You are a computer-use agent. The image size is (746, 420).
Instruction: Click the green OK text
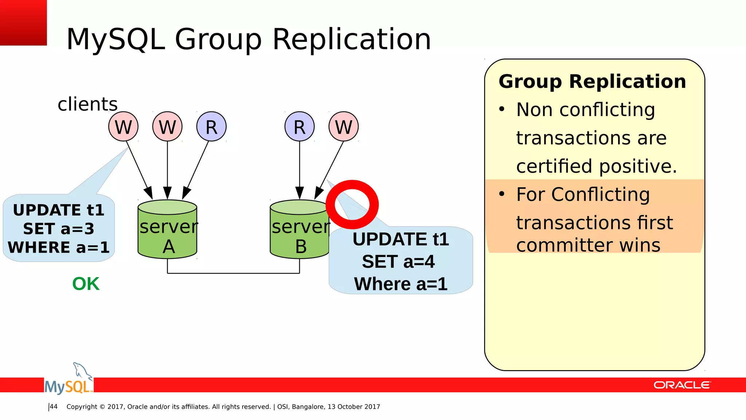click(x=86, y=284)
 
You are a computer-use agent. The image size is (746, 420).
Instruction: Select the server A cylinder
click(x=168, y=230)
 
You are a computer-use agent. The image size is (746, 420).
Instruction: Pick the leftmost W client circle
click(x=123, y=127)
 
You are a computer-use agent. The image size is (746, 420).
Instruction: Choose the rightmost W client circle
click(x=343, y=127)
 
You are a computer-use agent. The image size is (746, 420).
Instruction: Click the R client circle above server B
click(x=299, y=127)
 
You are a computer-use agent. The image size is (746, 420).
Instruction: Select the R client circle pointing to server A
click(x=211, y=127)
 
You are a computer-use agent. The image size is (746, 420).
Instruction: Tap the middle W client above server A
click(x=167, y=127)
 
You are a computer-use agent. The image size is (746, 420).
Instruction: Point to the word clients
click(x=87, y=104)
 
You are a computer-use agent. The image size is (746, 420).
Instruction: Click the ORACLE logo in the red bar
click(x=682, y=385)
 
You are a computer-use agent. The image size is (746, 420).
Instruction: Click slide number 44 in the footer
click(x=54, y=407)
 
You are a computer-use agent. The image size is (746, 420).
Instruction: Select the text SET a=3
click(x=59, y=229)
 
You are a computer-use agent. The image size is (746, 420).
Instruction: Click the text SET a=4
click(x=398, y=262)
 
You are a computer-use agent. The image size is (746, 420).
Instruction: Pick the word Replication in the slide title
click(x=352, y=39)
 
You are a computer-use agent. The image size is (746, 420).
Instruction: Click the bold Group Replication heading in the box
click(x=592, y=81)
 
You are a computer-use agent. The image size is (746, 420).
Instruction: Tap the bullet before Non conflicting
click(x=502, y=109)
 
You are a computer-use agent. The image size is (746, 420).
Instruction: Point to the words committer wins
click(x=588, y=245)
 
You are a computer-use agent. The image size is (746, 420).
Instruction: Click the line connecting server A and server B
click(x=233, y=273)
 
